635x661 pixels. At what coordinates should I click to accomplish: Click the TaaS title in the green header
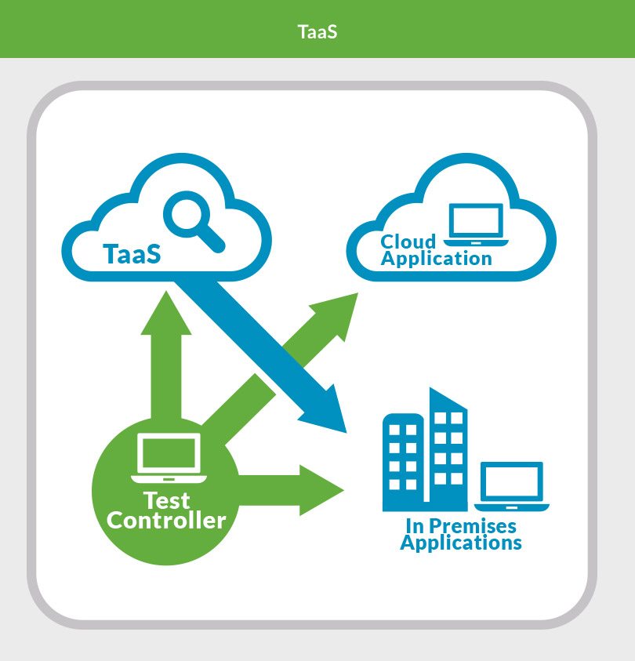point(317,32)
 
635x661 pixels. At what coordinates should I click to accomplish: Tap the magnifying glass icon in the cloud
point(191,219)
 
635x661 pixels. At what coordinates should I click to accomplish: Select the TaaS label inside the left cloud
point(132,254)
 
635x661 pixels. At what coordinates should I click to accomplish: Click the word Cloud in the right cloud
point(408,242)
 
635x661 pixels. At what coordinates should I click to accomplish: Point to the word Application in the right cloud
point(437,258)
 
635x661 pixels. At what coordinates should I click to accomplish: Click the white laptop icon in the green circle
point(167,458)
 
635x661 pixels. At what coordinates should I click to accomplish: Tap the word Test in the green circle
point(167,501)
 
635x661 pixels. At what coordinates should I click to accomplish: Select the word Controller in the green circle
point(166,520)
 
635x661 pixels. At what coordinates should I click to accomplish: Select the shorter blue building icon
point(403,459)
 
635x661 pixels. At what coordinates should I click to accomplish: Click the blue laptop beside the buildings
point(510,487)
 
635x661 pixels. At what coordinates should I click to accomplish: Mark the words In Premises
point(461,525)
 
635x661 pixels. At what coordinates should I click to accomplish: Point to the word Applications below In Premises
point(461,543)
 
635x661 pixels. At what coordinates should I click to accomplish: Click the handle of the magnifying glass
point(214,241)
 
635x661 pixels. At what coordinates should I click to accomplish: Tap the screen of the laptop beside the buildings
point(510,481)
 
